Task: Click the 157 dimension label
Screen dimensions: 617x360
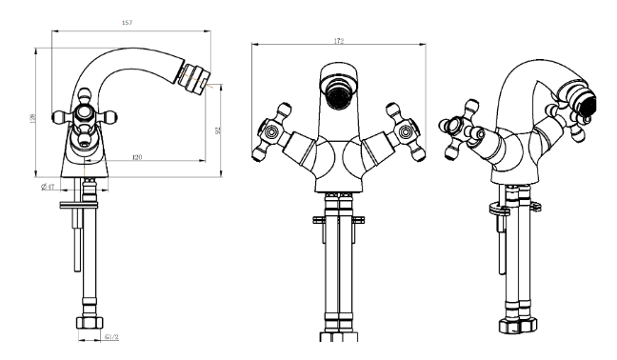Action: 127,23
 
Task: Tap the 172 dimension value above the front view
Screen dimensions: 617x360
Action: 339,41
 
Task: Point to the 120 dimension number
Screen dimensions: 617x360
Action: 137,157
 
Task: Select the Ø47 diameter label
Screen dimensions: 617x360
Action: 48,187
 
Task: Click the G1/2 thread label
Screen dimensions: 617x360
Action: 111,337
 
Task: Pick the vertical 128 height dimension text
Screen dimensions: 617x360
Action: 32,118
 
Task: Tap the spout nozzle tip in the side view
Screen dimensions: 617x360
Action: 193,78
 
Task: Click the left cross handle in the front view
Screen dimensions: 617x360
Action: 272,132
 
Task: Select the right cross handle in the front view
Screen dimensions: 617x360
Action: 406,132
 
